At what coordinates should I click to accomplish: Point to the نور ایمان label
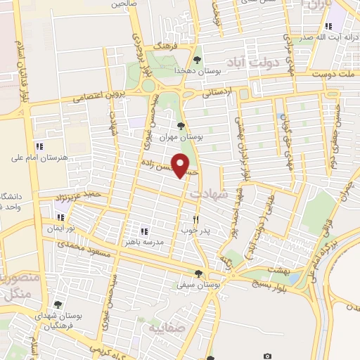point(60,229)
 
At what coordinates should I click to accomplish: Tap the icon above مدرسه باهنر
point(143,231)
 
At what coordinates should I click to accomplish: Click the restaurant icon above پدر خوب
point(196,219)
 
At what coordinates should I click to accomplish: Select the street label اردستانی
point(217,91)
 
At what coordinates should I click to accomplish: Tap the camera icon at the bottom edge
point(267,356)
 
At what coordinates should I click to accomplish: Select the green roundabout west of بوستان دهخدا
point(148,86)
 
